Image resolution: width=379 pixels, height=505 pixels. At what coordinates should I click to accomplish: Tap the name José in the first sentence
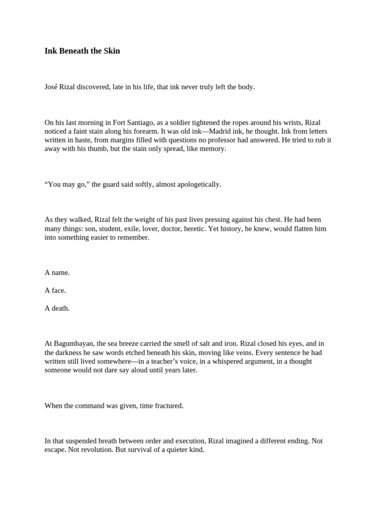coord(51,87)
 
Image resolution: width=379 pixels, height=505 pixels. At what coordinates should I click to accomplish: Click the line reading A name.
coord(57,273)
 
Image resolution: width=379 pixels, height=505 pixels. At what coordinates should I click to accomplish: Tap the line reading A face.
coord(55,290)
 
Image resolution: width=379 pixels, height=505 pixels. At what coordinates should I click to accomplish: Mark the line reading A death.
coord(57,308)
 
